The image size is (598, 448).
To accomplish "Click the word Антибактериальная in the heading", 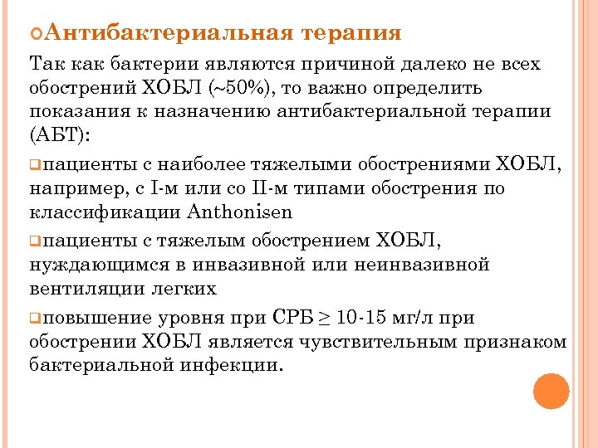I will (x=166, y=33).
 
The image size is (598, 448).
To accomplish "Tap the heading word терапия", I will (x=352, y=33).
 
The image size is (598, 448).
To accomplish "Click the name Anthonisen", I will (x=243, y=212).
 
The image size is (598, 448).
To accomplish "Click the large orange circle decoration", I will (x=551, y=391).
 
